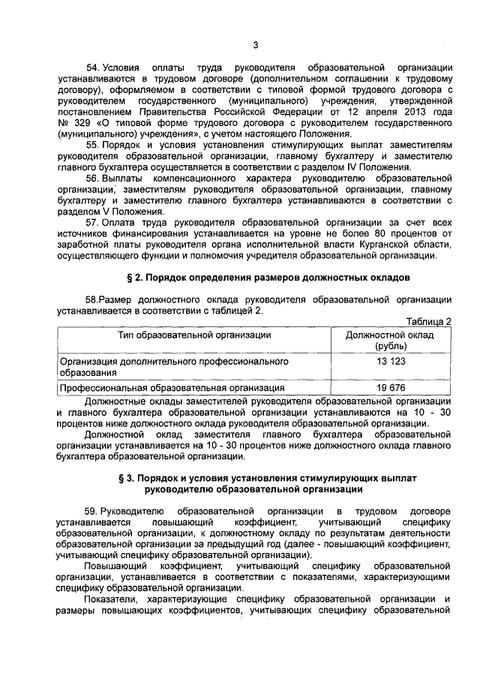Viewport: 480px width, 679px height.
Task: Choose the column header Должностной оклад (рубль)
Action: [386, 341]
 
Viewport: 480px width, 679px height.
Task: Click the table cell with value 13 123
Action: [386, 361]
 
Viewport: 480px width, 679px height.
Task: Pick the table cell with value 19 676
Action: [386, 388]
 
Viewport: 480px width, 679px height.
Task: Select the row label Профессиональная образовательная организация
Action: [172, 388]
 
